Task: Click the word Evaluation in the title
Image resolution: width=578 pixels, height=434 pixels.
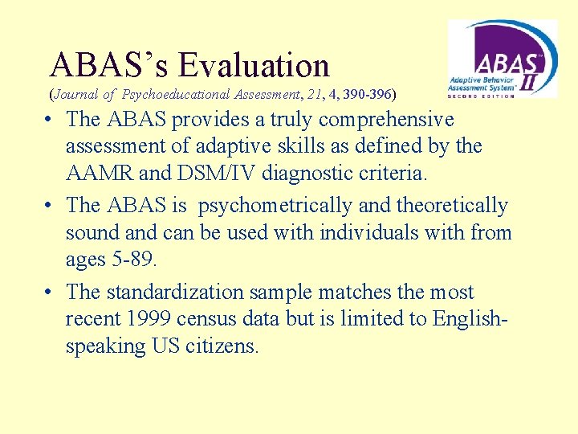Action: (254, 65)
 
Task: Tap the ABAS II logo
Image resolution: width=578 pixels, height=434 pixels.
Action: (502, 59)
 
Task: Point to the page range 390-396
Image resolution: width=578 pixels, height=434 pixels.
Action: (367, 95)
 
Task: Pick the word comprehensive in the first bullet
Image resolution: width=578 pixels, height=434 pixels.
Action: (386, 120)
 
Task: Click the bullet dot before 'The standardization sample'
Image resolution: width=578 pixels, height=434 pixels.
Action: (49, 293)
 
